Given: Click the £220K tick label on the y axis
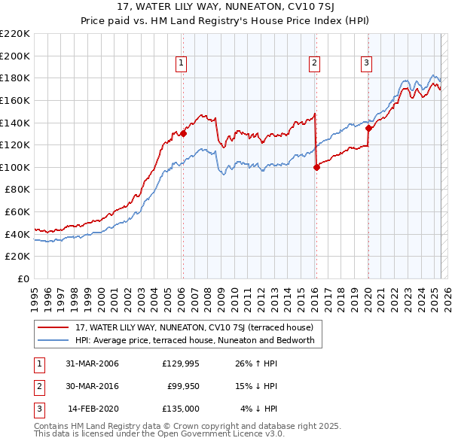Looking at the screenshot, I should click(x=15, y=34).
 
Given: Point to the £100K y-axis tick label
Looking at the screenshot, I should click(x=15, y=167).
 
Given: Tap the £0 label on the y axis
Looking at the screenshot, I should click(x=23, y=278).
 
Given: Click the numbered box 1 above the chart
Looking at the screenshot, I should click(x=182, y=64).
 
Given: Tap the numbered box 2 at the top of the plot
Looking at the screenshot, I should click(x=314, y=64).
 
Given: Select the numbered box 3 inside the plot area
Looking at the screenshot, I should click(x=366, y=64).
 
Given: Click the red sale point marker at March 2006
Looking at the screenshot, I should click(x=183, y=134).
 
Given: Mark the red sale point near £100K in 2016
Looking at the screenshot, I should click(x=316, y=167).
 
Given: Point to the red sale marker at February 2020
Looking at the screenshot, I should click(x=368, y=128).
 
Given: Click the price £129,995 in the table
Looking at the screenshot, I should click(x=181, y=363).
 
